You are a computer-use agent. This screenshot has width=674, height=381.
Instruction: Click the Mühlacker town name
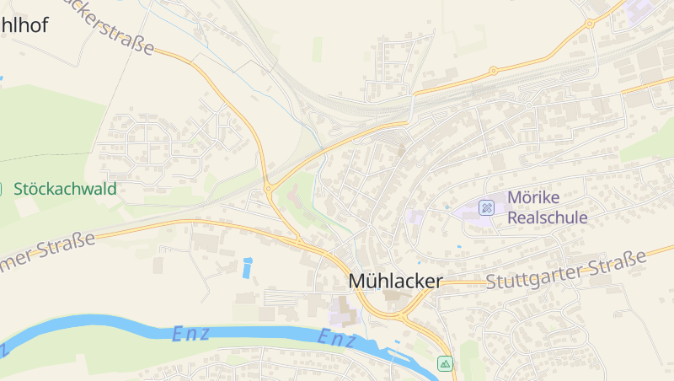(x=395, y=282)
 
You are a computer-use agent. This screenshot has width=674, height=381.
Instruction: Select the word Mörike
(x=533, y=198)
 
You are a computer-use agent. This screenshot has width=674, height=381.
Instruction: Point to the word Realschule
(x=547, y=217)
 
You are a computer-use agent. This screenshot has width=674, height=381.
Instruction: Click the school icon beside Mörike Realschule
(x=487, y=207)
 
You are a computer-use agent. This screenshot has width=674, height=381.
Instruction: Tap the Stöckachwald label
(x=65, y=189)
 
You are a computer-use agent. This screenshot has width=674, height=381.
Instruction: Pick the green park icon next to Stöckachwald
(x=3, y=189)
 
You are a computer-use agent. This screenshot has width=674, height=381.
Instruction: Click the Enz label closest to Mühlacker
(x=337, y=338)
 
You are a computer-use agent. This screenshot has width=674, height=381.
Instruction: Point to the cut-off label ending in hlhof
(x=24, y=25)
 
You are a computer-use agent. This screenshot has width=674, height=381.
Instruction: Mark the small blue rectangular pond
(x=247, y=268)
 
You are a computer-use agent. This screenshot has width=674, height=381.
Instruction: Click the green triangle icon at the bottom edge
(x=445, y=363)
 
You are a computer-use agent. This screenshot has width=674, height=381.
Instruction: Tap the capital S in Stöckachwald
(x=19, y=189)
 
